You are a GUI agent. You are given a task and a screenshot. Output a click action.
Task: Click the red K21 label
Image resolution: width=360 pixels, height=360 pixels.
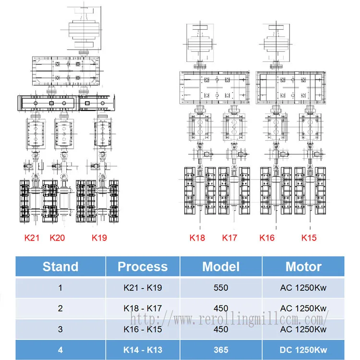click(x=32, y=238)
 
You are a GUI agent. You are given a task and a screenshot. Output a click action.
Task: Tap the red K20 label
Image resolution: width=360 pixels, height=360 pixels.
click(x=57, y=238)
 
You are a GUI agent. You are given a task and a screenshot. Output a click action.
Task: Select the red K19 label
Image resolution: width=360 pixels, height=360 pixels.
click(x=99, y=238)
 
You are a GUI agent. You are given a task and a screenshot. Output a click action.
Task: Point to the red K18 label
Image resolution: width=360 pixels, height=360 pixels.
click(x=197, y=238)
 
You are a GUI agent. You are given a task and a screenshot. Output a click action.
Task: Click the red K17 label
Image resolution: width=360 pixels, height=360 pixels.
click(x=229, y=238)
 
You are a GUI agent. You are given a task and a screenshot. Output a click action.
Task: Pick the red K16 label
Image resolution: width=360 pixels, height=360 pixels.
click(x=267, y=238)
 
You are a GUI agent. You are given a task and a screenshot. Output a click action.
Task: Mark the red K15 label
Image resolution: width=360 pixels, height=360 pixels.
click(x=309, y=238)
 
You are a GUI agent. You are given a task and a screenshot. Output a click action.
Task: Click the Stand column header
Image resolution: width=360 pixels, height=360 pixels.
click(x=60, y=266)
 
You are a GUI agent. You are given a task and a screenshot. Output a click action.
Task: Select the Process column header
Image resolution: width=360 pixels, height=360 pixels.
click(x=143, y=266)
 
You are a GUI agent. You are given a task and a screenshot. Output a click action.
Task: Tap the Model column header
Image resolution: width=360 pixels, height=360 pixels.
click(x=221, y=266)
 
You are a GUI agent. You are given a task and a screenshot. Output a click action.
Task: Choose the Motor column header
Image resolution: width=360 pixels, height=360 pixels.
click(x=303, y=266)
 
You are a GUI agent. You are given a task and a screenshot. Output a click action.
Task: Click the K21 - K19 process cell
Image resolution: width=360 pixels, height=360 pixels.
click(x=143, y=288)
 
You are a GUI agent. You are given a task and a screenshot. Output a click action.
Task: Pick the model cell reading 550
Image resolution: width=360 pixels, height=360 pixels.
click(x=221, y=288)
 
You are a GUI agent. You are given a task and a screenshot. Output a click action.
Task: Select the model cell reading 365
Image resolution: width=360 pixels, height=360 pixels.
click(x=221, y=350)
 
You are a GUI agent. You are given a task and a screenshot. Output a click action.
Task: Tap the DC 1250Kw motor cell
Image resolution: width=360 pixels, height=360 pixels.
click(x=303, y=350)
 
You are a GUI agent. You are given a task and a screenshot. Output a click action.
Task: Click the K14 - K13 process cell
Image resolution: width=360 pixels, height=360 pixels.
click(x=143, y=350)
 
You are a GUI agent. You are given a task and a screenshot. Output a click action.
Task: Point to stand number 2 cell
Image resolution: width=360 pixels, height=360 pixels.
click(x=60, y=308)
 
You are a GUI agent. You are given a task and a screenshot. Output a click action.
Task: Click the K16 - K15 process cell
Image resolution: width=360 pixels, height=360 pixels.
click(x=143, y=329)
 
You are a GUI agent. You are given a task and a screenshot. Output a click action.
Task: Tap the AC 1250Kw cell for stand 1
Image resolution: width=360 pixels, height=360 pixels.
click(x=303, y=288)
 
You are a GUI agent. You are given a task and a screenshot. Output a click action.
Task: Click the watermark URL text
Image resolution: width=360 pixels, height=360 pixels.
click(x=229, y=319)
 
